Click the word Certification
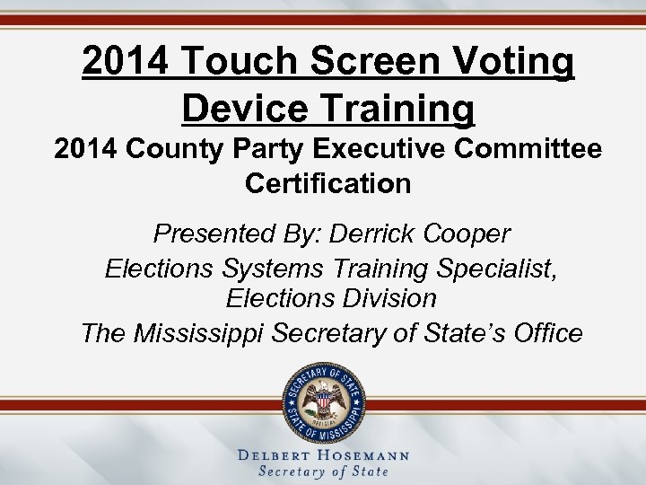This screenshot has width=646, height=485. (327, 184)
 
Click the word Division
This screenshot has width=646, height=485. (383, 298)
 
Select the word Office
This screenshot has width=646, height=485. (548, 333)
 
